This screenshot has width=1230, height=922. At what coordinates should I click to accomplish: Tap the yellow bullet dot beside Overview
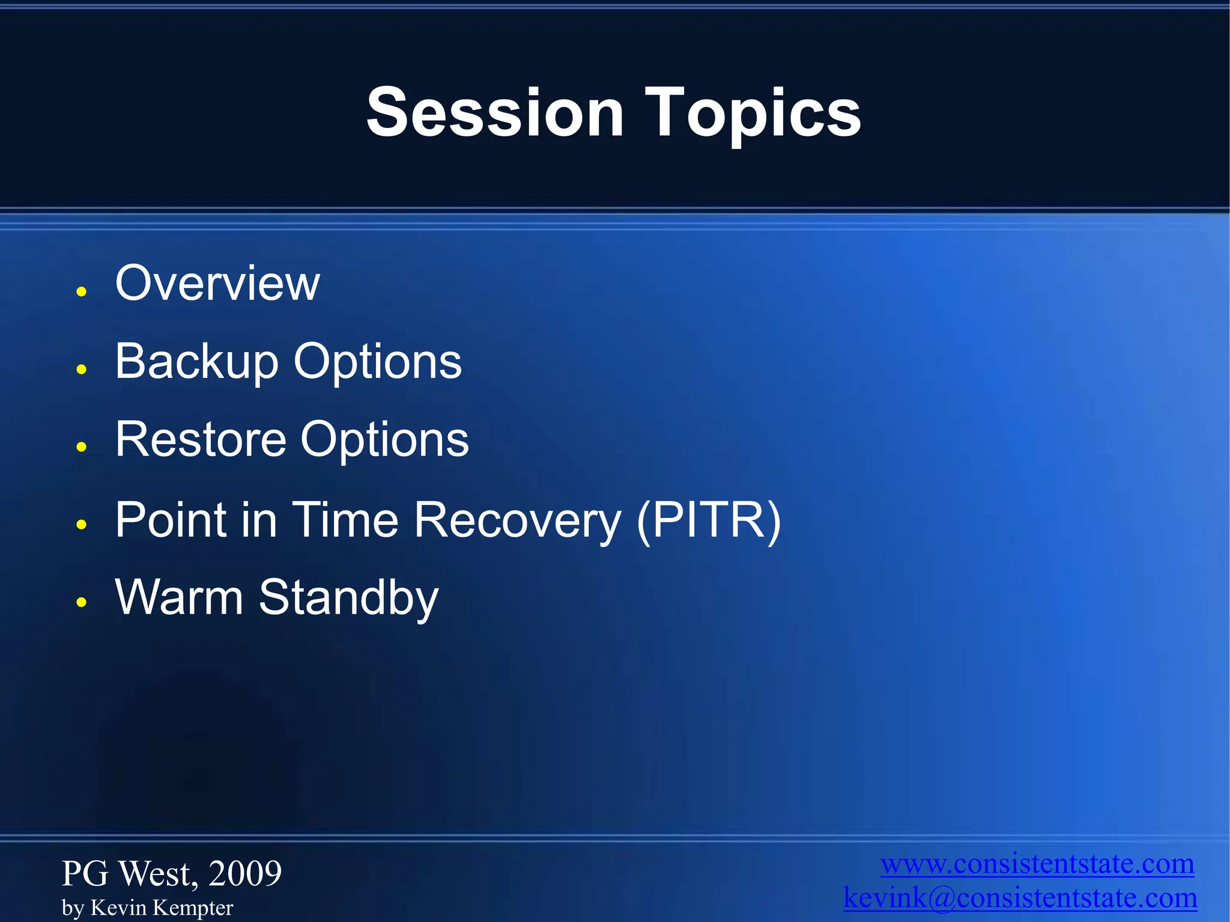click(82, 292)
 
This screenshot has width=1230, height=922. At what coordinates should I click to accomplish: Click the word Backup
click(197, 362)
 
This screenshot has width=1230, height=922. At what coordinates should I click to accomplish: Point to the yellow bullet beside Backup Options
click(82, 369)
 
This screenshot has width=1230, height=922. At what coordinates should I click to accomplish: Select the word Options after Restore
click(384, 442)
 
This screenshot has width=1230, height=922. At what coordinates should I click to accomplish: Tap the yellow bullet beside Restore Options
click(82, 447)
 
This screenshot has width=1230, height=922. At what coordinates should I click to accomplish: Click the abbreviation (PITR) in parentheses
click(709, 521)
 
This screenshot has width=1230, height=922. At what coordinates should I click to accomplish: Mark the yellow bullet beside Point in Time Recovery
click(82, 525)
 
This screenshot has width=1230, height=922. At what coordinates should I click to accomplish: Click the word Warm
click(179, 597)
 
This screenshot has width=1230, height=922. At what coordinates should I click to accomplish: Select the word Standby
click(349, 599)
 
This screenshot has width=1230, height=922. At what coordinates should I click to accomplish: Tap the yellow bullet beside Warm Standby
click(82, 602)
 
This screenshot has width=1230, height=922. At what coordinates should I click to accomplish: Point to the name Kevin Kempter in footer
click(162, 908)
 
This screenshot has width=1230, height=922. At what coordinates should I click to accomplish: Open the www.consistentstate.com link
click(1037, 864)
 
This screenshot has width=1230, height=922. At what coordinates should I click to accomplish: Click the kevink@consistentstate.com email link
click(1020, 898)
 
